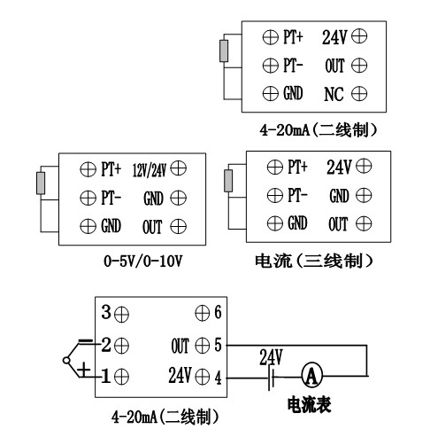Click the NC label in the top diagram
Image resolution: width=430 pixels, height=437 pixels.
(x=334, y=94)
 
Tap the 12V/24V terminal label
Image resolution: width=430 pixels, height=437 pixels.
(x=150, y=170)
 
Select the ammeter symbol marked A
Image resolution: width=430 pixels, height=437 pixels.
(x=311, y=376)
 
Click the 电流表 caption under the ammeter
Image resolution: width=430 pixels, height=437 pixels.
(x=309, y=404)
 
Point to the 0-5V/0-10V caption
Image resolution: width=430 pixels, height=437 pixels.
(x=142, y=261)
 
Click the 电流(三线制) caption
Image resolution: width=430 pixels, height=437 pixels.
(x=314, y=261)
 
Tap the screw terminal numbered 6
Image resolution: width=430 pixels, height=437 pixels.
(x=203, y=313)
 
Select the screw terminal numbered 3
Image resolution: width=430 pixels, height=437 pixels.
(x=121, y=315)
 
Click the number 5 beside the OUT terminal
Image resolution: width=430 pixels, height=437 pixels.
(x=218, y=345)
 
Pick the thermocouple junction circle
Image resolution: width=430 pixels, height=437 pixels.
(x=66, y=361)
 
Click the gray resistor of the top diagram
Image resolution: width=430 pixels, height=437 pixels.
(x=224, y=51)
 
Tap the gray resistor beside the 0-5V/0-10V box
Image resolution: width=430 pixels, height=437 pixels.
(x=41, y=183)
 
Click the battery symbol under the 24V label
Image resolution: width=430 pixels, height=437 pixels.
(x=272, y=378)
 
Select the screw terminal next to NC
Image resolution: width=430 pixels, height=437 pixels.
(x=359, y=94)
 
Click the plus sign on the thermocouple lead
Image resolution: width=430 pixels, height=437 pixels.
(x=84, y=370)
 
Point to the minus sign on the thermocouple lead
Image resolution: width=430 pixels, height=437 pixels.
(x=86, y=342)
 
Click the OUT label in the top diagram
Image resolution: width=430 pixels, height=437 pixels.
(x=334, y=66)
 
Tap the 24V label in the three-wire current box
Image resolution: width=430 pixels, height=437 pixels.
(x=339, y=167)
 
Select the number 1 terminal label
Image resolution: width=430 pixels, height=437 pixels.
(x=105, y=376)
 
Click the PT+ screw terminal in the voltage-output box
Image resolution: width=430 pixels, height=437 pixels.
(x=88, y=169)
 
